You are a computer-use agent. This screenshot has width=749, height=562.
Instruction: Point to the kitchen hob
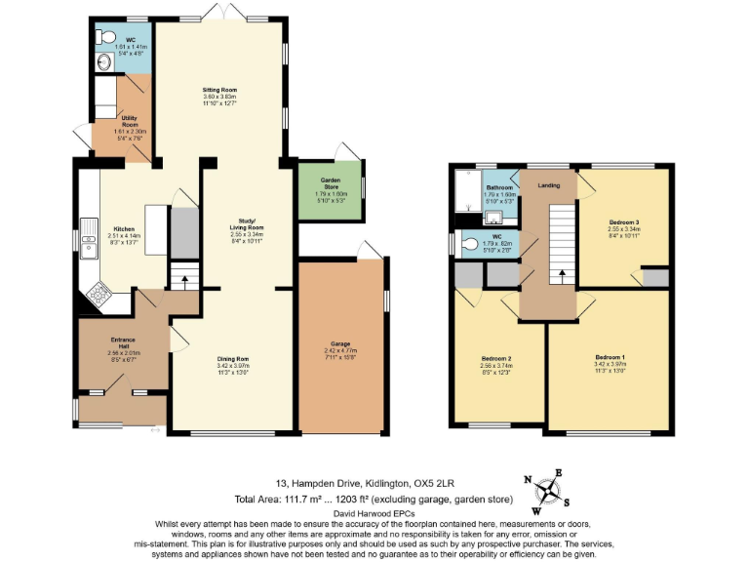click(x=99, y=292)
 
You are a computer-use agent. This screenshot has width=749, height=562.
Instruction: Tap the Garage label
click(x=340, y=348)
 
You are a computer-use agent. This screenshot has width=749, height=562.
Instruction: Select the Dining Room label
click(x=233, y=364)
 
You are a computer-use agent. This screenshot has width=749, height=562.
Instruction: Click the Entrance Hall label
click(x=122, y=344)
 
